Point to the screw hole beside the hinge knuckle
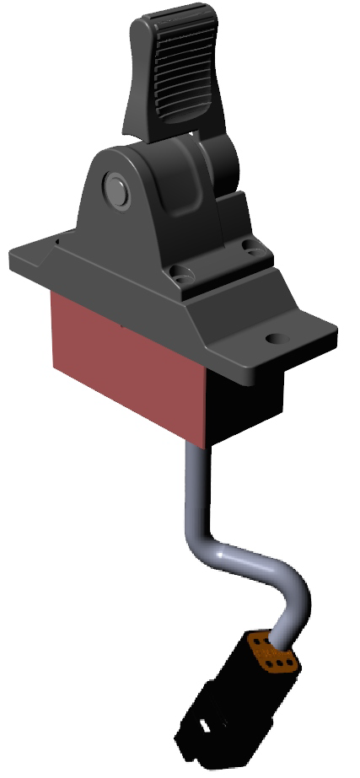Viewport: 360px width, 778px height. click(250, 246)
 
